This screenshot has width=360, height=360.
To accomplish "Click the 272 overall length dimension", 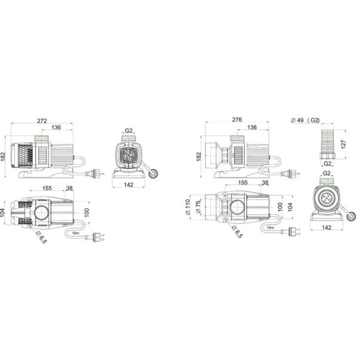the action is [42, 121].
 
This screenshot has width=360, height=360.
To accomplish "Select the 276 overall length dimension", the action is [236, 119].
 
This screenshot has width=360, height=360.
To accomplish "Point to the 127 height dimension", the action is [343, 144].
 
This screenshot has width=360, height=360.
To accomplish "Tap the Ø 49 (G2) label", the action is [305, 120].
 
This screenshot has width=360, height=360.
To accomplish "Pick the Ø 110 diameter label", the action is [188, 207].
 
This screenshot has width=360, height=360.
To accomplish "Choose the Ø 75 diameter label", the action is [198, 207].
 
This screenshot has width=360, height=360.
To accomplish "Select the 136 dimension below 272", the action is [56, 127].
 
